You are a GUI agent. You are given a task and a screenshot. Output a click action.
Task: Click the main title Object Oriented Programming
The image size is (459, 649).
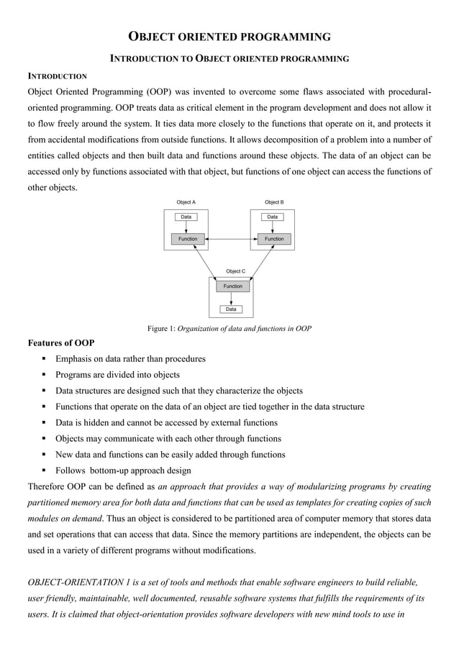point(229,37)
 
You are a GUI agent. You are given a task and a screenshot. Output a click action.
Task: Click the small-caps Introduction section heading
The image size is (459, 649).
point(57,76)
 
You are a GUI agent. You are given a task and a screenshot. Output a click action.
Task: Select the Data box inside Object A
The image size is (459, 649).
point(186,217)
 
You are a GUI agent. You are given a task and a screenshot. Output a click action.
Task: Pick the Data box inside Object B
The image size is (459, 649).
point(272,217)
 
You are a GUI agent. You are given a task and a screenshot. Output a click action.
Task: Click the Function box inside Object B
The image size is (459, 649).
point(274,239)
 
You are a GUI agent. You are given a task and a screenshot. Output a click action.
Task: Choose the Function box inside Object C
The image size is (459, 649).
point(232,286)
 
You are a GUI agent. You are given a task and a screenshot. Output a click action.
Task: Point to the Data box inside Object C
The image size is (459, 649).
point(231,309)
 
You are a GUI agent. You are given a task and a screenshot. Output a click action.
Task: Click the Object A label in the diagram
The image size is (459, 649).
point(186,203)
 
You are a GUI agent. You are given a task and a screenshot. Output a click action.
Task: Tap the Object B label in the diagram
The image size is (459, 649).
point(274,203)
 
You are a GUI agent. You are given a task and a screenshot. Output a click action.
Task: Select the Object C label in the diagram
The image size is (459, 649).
point(235,271)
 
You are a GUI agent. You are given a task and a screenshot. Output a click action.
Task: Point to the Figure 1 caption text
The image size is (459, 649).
point(229,329)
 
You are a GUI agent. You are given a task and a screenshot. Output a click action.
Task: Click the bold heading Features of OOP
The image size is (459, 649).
point(60,342)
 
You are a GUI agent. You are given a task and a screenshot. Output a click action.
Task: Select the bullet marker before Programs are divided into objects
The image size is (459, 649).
point(45,375)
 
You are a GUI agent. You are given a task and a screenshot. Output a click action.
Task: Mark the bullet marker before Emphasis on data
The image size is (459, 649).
point(45,359)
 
